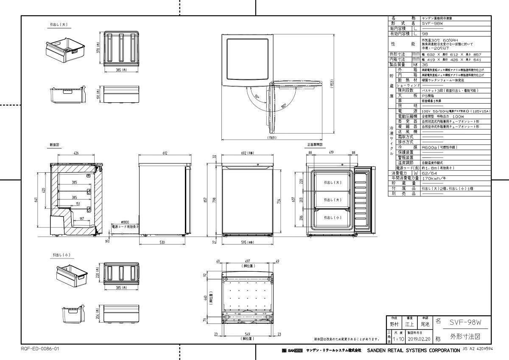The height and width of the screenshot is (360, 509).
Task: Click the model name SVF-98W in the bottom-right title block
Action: [x=465, y=322]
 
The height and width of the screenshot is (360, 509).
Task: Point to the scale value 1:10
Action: [x=398, y=340]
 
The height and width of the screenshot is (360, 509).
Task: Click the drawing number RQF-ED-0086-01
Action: [x=40, y=349]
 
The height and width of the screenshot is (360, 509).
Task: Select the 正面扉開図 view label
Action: [x=315, y=145]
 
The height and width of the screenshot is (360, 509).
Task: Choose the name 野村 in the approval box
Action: [x=394, y=324]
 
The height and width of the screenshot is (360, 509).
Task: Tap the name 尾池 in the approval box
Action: [x=423, y=324]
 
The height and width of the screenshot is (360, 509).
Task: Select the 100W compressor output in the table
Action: [x=458, y=116]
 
